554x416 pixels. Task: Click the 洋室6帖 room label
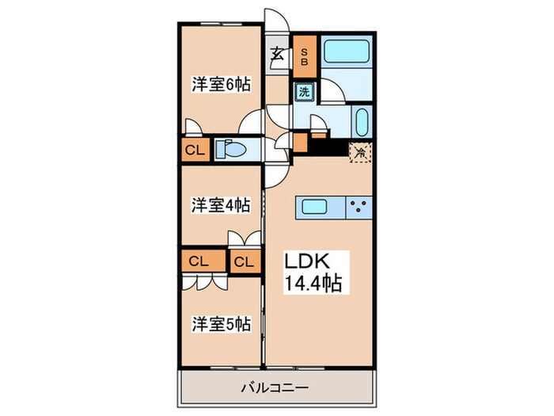tap(220, 85)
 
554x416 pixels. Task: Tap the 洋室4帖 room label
tap(220, 204)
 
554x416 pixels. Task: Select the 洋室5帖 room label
tap(221, 323)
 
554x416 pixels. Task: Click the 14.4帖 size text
tap(314, 284)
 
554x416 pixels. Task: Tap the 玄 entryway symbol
tap(279, 54)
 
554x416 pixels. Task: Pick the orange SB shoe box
tap(305, 57)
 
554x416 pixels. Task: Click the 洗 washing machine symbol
tap(305, 91)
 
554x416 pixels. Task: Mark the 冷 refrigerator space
tap(359, 150)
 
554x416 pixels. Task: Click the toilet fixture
tap(230, 149)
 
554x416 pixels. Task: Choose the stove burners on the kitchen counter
tap(359, 208)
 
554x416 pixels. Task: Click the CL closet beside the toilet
tap(194, 150)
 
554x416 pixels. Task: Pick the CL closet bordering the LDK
tap(245, 261)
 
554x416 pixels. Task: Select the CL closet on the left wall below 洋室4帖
tap(198, 260)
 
